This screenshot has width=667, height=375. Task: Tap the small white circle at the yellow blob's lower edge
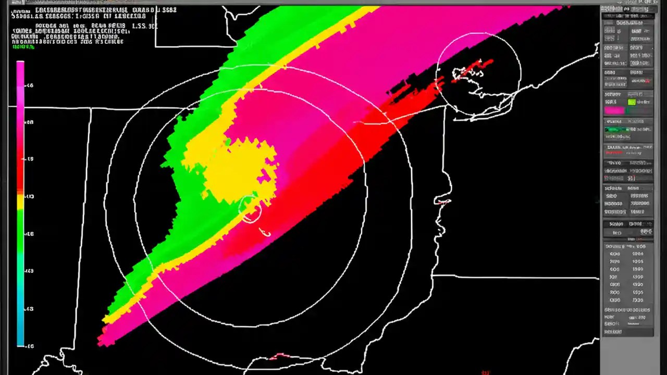click(x=250, y=209)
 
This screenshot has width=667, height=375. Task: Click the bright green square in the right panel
click(x=632, y=102)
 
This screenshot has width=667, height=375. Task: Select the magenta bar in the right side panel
click(x=614, y=110)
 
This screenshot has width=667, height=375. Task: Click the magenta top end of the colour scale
click(x=20, y=65)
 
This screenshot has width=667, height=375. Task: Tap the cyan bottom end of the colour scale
click(x=20, y=341)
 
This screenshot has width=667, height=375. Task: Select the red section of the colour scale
click(x=20, y=167)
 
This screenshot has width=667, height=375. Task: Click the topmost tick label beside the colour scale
click(x=30, y=85)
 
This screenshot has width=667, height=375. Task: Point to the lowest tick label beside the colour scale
click(x=30, y=345)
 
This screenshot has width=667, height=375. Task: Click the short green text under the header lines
click(x=23, y=47)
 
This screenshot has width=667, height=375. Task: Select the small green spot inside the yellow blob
click(x=228, y=141)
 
